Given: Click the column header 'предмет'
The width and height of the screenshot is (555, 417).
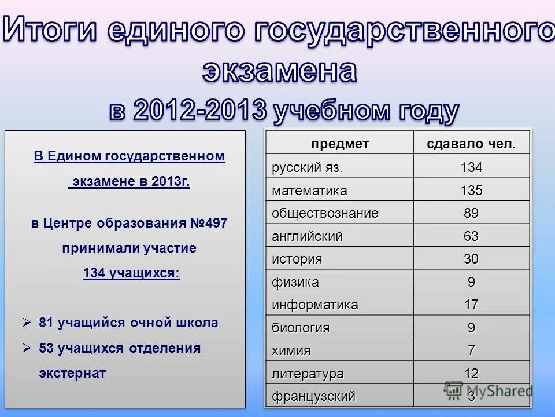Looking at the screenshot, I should click(339, 144).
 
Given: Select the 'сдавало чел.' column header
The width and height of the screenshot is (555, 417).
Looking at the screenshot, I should click(471, 144).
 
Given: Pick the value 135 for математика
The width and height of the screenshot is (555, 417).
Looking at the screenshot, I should click(471, 191).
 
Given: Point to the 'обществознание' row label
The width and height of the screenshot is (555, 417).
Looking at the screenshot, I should click(325, 213).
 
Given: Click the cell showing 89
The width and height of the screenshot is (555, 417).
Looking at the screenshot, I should click(471, 213).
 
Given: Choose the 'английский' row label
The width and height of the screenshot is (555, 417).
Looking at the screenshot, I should click(308, 236).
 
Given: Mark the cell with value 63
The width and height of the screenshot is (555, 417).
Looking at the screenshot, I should click(471, 236).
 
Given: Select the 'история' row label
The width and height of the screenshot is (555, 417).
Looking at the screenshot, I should click(297, 259).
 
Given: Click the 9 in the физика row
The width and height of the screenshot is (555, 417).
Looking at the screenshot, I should click(471, 282).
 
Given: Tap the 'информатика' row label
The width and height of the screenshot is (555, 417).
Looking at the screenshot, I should click(315, 305).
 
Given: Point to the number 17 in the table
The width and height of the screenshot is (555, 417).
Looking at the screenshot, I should click(471, 305).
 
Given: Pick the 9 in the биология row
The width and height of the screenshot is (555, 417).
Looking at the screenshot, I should click(471, 328).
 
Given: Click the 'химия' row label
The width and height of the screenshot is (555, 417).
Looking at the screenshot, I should click(291, 351).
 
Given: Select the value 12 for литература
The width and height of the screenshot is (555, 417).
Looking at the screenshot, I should click(471, 374).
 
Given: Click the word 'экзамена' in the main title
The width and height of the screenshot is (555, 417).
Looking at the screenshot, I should click(279, 71).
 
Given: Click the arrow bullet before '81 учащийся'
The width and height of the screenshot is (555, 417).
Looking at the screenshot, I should click(26, 323).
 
